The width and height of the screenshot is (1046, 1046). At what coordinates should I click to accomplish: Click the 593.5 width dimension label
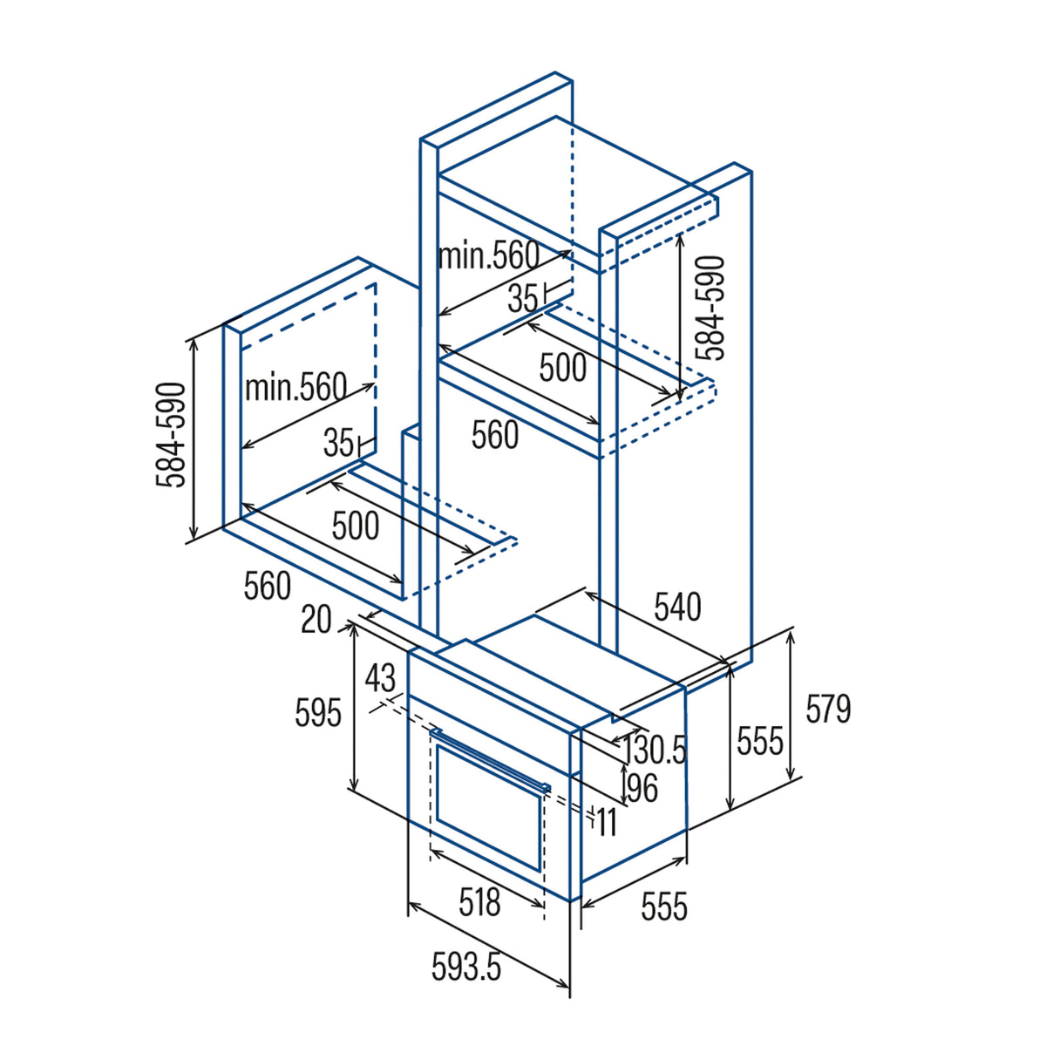(466, 966)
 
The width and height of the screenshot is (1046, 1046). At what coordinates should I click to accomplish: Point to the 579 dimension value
(828, 709)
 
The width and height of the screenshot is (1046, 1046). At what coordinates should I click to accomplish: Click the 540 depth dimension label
(677, 607)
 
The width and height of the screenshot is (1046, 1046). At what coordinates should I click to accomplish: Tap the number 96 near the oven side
(642, 788)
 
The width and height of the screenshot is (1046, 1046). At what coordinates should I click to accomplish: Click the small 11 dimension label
(607, 823)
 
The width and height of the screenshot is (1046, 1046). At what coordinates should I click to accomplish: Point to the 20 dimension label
(316, 621)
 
